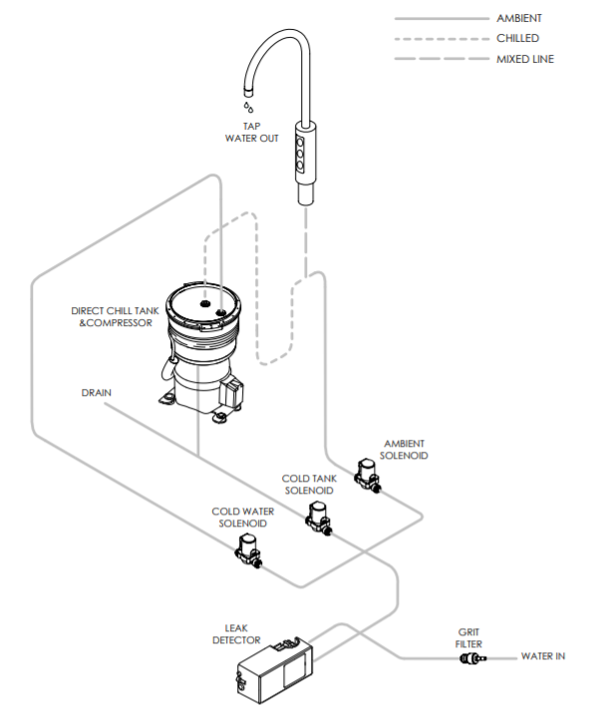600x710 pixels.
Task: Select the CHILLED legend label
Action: pos(517,38)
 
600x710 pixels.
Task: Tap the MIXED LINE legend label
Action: pos(524,59)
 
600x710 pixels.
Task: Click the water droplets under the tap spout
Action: pos(246,104)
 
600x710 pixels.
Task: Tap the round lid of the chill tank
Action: pos(205,304)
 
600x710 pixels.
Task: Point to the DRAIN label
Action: pos(96,393)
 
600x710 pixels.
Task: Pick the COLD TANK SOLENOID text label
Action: pos(309,485)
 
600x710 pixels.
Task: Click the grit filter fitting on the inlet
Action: pos(470,657)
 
